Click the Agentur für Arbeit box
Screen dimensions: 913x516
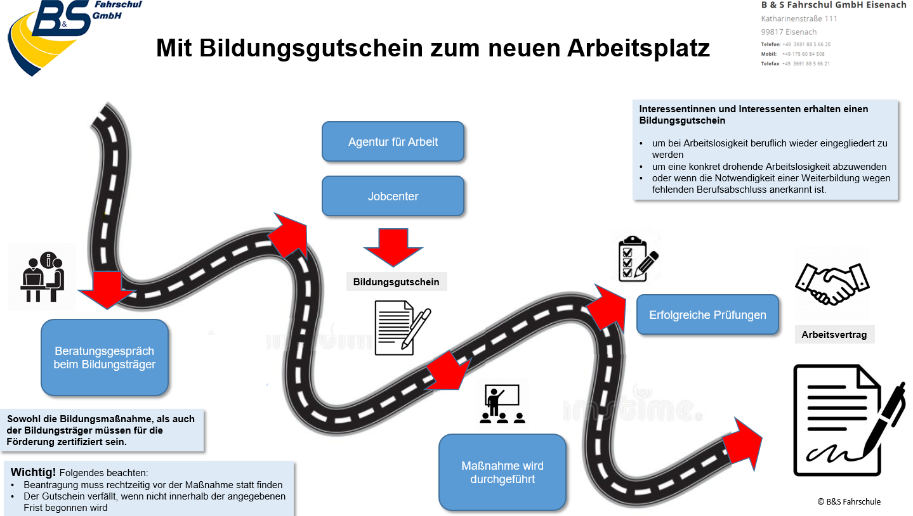coord(393,141)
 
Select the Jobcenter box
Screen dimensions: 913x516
coord(393,196)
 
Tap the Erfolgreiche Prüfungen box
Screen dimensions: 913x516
coord(707,315)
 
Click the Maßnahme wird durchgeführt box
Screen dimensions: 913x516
coord(502,472)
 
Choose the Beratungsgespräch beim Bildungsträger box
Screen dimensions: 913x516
coord(105,358)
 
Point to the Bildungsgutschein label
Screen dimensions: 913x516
coord(396,282)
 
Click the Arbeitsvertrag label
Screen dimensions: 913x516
coord(834,335)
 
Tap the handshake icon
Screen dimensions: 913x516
coord(832,284)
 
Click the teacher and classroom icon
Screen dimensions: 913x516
coord(502,404)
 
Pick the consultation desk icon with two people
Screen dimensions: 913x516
coord(43,277)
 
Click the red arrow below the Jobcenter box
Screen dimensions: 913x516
coord(393,247)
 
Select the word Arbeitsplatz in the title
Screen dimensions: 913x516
coord(638,48)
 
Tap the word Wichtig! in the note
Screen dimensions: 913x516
coord(33,472)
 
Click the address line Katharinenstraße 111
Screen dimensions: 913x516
coord(799,19)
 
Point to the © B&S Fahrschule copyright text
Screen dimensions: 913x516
coord(849,502)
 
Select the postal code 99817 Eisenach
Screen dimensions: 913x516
coord(789,32)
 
